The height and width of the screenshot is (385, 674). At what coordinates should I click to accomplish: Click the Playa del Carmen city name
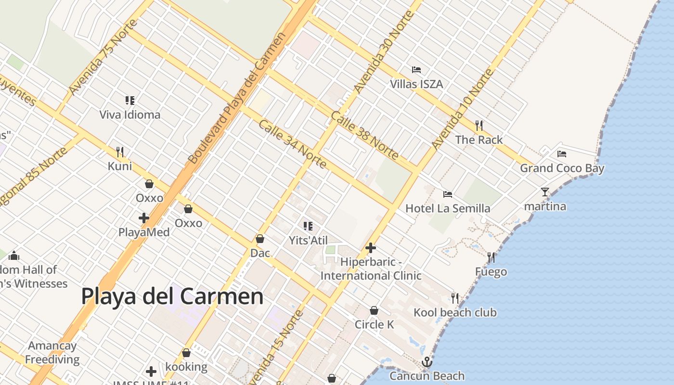pos(172,296)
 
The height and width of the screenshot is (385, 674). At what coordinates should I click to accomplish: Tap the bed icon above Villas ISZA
pos(416,70)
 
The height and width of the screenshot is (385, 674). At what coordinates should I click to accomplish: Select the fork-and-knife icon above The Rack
pos(479,126)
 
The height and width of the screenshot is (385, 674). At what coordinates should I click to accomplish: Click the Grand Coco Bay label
pos(562,168)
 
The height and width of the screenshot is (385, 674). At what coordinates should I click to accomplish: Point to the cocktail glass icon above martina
pos(544,192)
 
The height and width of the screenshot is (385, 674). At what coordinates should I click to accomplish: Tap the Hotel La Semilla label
pos(448,208)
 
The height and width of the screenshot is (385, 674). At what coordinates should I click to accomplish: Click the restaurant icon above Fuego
pos(491,257)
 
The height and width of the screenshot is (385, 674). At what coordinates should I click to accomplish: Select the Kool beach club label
pos(455,313)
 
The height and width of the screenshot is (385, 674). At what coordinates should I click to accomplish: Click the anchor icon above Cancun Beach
pos(427,362)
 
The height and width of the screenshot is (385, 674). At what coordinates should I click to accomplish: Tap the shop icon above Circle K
pos(374,310)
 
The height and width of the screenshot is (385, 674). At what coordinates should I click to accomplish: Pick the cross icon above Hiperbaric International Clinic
pos(371,248)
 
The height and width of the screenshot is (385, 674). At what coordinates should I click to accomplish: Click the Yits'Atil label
pos(308,240)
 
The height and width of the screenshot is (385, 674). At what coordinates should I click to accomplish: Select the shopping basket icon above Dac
pos(260,239)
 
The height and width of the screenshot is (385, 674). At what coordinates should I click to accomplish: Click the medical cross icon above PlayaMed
pos(144,218)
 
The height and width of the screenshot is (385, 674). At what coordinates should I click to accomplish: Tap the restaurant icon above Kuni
pos(120,152)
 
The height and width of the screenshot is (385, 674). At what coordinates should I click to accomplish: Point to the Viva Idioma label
pos(130,115)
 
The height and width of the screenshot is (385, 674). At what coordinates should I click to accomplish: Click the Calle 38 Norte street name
pos(364,136)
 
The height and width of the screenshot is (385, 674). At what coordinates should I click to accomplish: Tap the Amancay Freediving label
pos(52,352)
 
